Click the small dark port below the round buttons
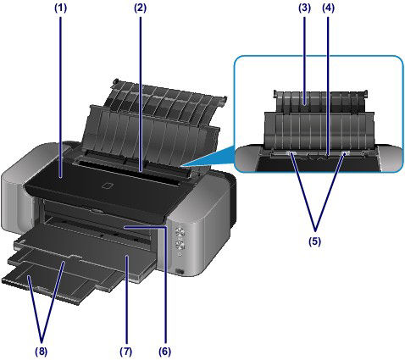[182, 270]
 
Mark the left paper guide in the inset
[291, 154]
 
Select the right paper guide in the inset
[346, 154]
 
